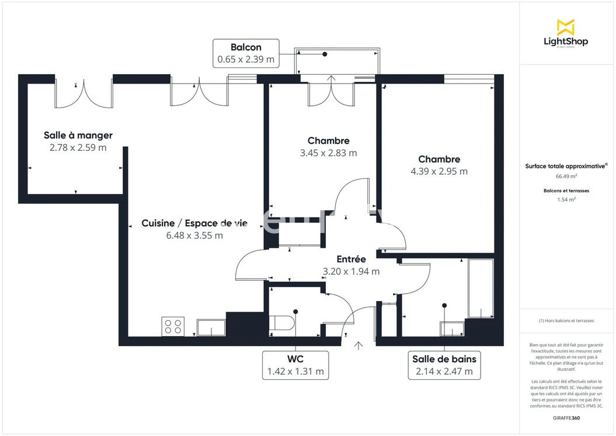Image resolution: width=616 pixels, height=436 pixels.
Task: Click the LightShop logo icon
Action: [x=565, y=27]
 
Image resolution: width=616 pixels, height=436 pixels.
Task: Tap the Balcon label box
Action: [x=246, y=53]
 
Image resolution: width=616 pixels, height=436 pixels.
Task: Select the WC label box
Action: [x=295, y=365]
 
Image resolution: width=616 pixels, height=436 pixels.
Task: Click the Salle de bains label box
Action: [x=444, y=365]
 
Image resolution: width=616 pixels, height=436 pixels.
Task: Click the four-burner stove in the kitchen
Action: [x=172, y=326]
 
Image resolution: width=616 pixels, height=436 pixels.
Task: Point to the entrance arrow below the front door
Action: [x=359, y=345]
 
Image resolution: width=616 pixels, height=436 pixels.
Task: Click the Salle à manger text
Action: [x=78, y=136]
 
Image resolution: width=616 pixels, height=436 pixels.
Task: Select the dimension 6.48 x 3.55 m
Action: [x=194, y=236]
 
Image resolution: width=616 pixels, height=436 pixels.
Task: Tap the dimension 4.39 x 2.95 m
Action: [x=439, y=171]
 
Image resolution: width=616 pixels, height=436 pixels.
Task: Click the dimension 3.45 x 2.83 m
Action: [x=328, y=153]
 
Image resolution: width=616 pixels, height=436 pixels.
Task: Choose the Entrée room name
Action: [x=351, y=259]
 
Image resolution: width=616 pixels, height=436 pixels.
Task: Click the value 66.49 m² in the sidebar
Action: [x=566, y=176]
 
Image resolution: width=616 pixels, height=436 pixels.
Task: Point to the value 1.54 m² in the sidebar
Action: [x=566, y=199]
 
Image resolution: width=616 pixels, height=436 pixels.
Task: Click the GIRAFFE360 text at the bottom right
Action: [x=566, y=418]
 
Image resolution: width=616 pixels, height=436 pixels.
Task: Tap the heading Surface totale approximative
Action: [x=566, y=166]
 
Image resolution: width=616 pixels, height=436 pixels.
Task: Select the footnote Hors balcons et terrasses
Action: [x=566, y=321]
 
